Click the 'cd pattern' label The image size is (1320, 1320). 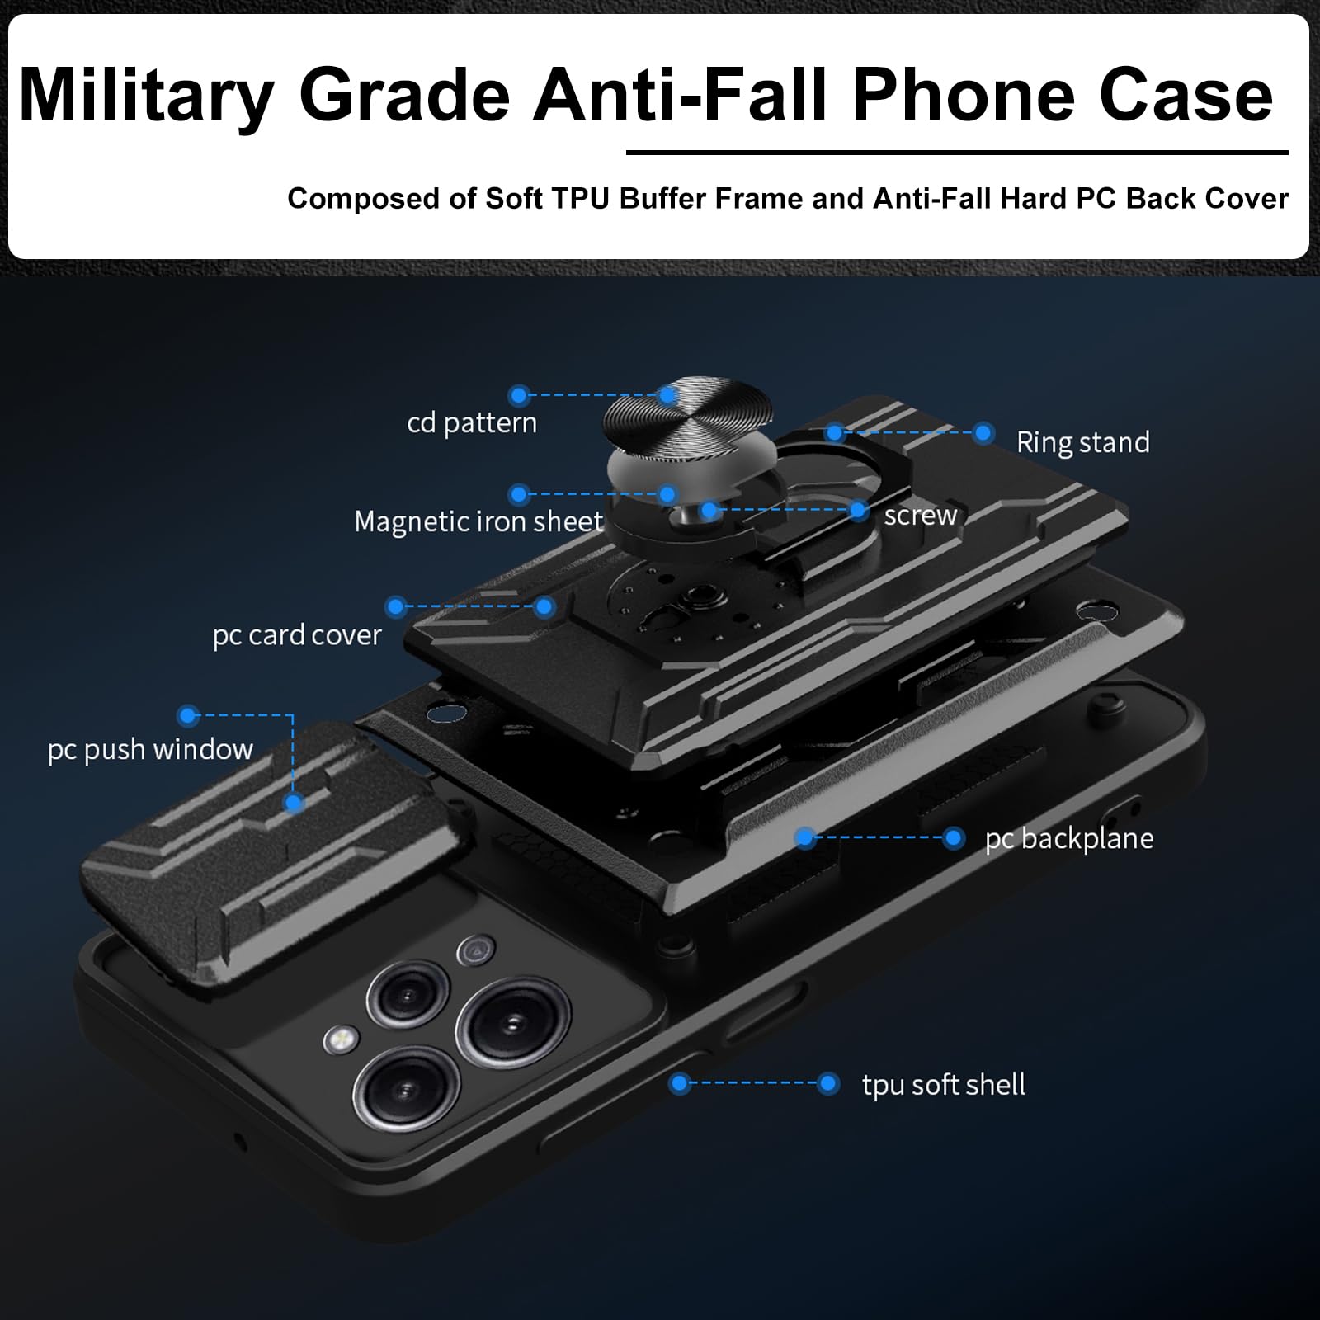tap(472, 423)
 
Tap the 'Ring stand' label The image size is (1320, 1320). tap(1082, 443)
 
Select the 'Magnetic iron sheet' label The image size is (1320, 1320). tap(478, 521)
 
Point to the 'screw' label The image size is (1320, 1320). tap(920, 516)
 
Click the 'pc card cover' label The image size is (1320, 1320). tap(297, 635)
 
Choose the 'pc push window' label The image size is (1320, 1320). tap(150, 750)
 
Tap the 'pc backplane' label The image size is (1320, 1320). tap(1069, 839)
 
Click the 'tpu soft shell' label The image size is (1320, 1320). tap(944, 1085)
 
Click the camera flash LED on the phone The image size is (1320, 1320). tap(341, 1038)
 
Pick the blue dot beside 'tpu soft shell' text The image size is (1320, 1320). tap(827, 1083)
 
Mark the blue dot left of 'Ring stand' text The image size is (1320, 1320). tap(983, 433)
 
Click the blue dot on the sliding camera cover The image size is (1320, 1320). tap(294, 803)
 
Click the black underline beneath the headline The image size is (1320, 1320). tap(957, 153)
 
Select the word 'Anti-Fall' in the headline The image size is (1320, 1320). tap(681, 95)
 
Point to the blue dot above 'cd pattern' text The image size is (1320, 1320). tap(518, 395)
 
